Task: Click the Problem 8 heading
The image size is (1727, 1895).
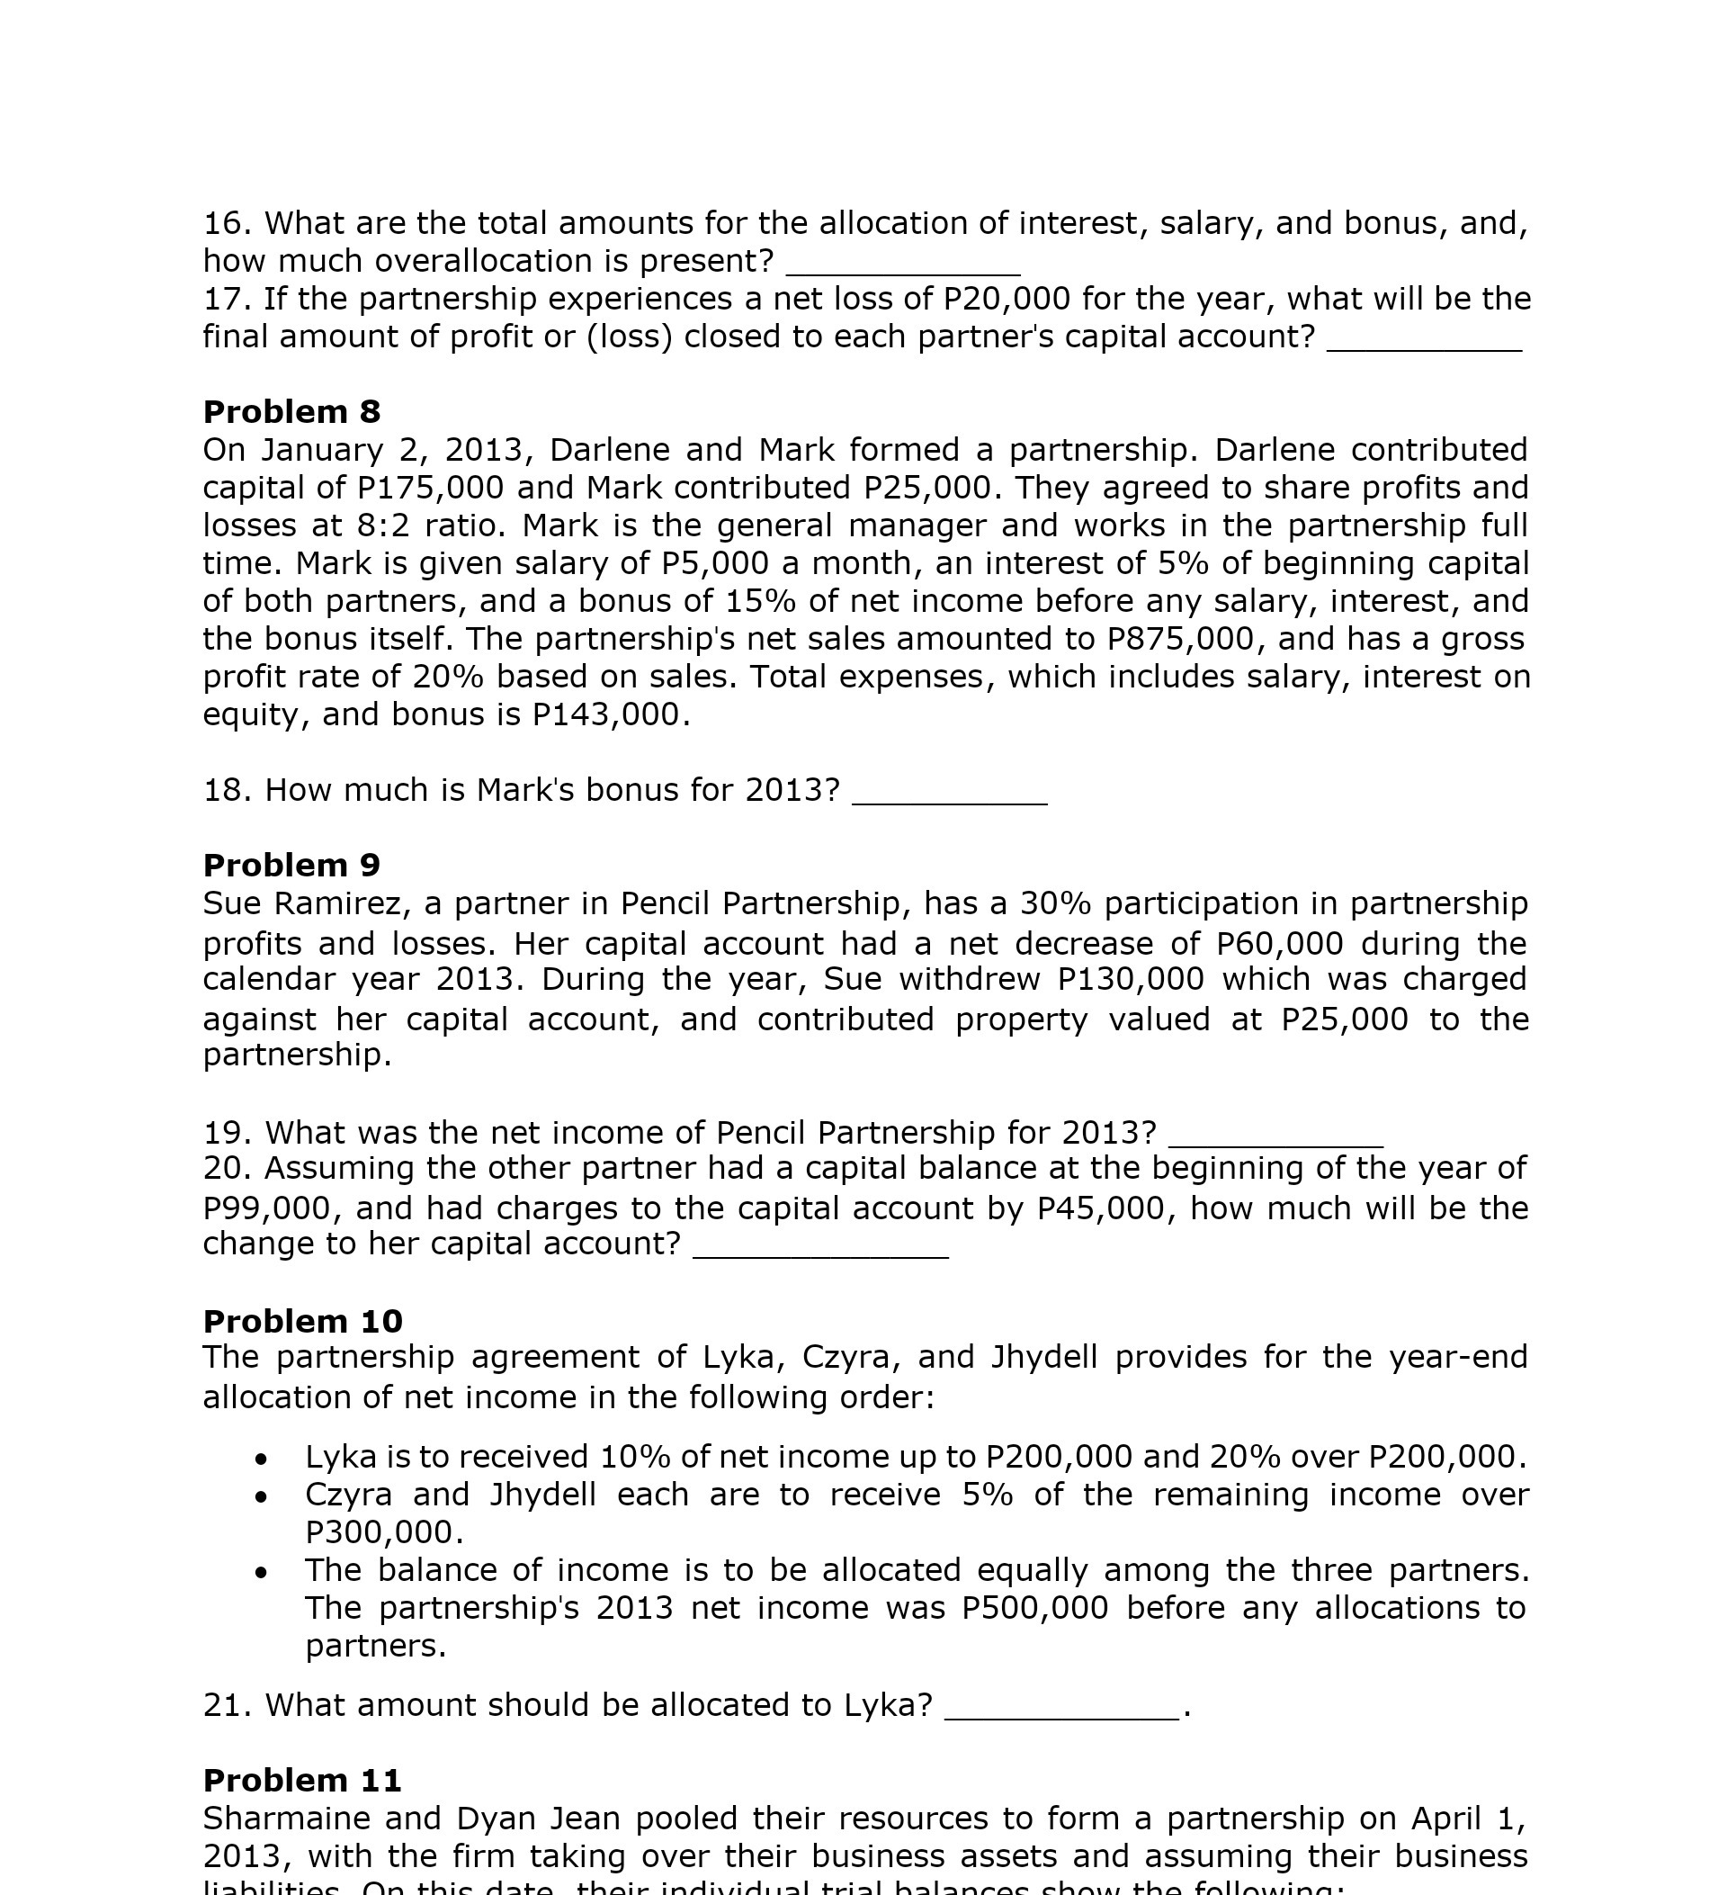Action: click(291, 412)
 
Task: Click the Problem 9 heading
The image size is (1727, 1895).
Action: click(291, 865)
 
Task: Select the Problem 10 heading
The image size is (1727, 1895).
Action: click(302, 1321)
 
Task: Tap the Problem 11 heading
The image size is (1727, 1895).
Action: click(301, 1780)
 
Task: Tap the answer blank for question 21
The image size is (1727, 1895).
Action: click(1060, 1708)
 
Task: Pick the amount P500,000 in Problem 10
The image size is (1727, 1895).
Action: click(1034, 1607)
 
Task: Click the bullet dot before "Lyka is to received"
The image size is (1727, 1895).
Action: click(261, 1459)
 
